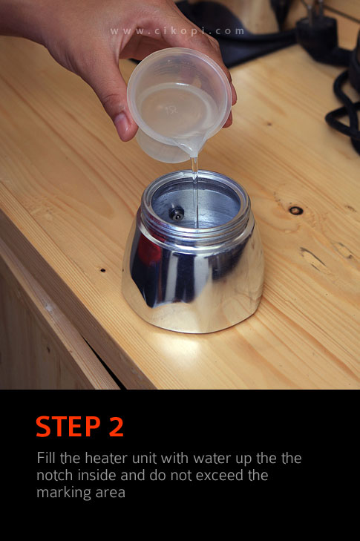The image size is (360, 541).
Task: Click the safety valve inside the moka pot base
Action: [x=177, y=214]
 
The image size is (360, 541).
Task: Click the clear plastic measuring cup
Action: [x=180, y=103]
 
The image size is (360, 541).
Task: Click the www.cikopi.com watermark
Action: [x=177, y=31]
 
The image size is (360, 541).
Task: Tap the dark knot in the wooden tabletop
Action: [x=296, y=210]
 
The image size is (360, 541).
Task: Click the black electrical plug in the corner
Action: [x=317, y=38]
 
